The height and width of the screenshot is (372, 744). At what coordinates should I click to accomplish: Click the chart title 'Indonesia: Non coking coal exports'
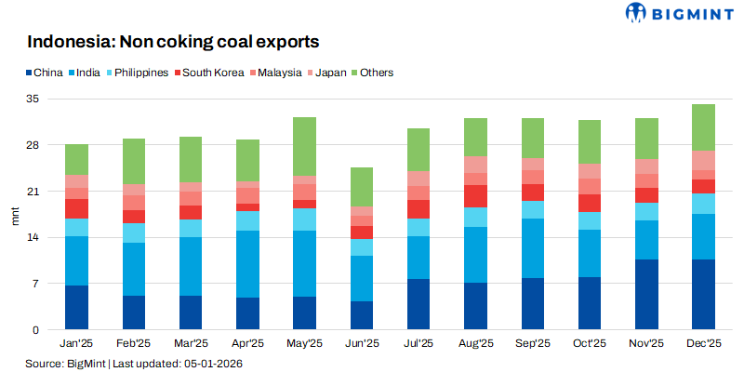(173, 42)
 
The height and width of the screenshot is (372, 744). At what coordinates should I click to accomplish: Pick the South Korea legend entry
(213, 72)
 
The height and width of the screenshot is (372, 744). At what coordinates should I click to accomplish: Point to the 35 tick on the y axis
(34, 99)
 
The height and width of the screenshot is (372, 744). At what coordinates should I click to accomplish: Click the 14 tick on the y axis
(34, 237)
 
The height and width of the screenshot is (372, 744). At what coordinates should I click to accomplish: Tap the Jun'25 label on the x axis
(362, 343)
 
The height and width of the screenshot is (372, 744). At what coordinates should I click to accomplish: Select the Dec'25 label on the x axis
(704, 343)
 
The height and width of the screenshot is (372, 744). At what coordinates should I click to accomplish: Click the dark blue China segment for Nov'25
(647, 294)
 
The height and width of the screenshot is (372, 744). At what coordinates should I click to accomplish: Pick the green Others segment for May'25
(305, 146)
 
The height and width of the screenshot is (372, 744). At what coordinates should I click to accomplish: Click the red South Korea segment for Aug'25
(476, 196)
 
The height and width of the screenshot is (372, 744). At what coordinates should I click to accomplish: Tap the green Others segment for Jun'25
(362, 187)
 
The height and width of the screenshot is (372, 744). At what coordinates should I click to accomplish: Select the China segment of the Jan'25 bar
(77, 307)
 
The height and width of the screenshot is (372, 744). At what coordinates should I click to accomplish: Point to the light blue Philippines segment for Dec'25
(704, 204)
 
